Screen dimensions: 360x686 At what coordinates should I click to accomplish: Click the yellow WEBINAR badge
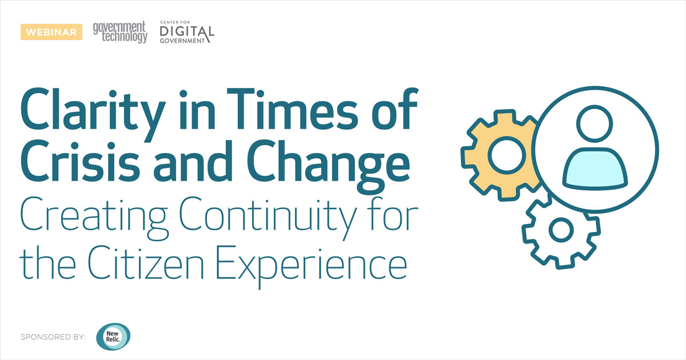point(49,32)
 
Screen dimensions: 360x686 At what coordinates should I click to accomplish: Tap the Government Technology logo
point(120,32)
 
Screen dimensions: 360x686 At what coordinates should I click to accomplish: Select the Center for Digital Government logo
point(187,32)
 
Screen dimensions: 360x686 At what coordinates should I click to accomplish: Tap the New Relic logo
point(113,337)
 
